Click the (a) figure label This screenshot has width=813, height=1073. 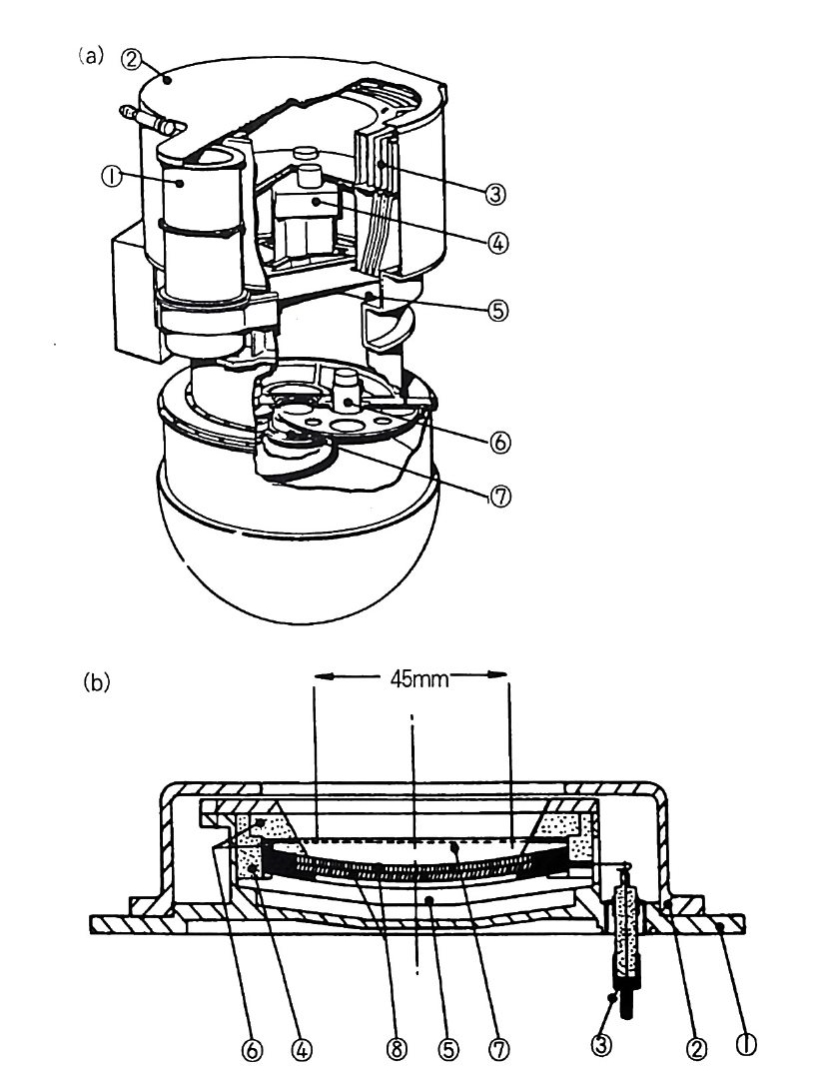pyautogui.click(x=90, y=55)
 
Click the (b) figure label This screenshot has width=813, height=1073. pyautogui.click(x=96, y=683)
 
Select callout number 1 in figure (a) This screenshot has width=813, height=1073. pyautogui.click(x=112, y=177)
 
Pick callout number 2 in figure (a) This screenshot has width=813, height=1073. pyautogui.click(x=132, y=59)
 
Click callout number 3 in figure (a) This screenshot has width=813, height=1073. pyautogui.click(x=495, y=195)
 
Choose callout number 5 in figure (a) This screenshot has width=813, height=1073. pyautogui.click(x=496, y=311)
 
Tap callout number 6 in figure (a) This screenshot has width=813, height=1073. pyautogui.click(x=500, y=443)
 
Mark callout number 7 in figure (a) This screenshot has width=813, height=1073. pyautogui.click(x=500, y=498)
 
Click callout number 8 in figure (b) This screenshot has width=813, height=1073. pyautogui.click(x=396, y=1049)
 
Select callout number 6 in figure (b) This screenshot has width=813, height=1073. pyautogui.click(x=252, y=1050)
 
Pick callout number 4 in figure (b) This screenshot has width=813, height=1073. pyautogui.click(x=304, y=1050)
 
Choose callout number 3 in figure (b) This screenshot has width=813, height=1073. pyautogui.click(x=603, y=1045)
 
